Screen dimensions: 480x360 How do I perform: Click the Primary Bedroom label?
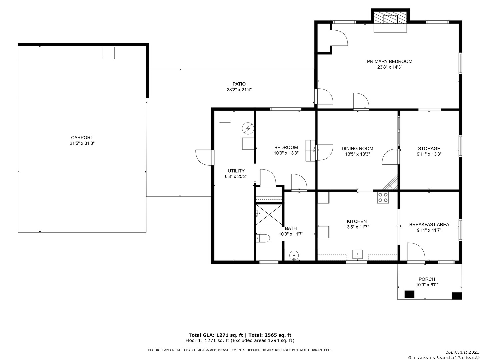(x=389, y=61)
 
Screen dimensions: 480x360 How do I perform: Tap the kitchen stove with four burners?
(x=383, y=198)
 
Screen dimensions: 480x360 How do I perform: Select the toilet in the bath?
(x=263, y=238)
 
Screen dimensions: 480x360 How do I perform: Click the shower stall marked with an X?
(x=269, y=215)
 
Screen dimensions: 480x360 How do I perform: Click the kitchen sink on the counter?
(x=357, y=255)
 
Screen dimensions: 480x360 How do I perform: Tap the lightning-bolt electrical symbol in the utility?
(x=248, y=128)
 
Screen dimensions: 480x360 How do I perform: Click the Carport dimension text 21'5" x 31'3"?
(x=82, y=143)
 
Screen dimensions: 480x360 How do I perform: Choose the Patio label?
(x=239, y=84)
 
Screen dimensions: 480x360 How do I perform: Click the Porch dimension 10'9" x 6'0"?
(x=427, y=285)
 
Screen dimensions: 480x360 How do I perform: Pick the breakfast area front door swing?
(x=416, y=252)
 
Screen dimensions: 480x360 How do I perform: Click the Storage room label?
(x=429, y=148)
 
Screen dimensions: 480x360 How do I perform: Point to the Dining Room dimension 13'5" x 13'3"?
(x=358, y=154)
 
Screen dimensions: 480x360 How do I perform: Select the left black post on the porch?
(x=409, y=294)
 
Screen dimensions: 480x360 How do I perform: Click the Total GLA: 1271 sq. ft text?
(x=216, y=335)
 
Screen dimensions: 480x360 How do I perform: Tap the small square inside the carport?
(x=109, y=53)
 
